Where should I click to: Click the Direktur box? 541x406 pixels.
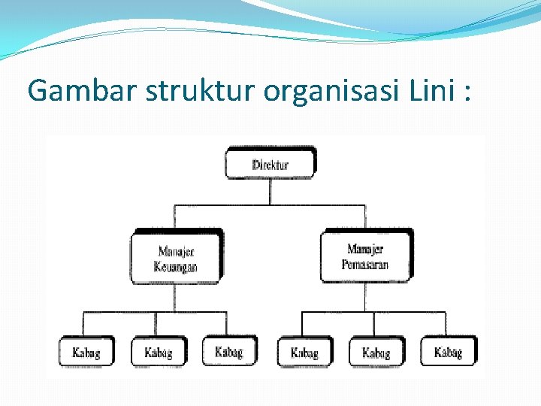tap(270, 163)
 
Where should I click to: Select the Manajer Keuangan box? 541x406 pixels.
tap(176, 258)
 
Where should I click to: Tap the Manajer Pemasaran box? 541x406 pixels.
tap(366, 256)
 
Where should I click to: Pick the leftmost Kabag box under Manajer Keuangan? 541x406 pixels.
tap(86, 352)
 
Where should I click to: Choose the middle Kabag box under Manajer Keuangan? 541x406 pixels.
tap(158, 352)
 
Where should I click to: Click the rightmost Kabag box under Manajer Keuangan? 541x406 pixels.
tap(228, 351)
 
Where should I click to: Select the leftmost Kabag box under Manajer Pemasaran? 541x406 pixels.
tap(304, 352)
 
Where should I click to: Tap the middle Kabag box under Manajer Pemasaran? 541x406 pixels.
tap(376, 352)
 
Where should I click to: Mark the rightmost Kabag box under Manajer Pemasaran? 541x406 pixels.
tap(448, 351)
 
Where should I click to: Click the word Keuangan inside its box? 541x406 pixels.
tap(176, 267)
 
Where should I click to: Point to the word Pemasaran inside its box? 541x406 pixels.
tap(365, 265)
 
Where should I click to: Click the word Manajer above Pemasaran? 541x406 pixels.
tap(366, 249)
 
